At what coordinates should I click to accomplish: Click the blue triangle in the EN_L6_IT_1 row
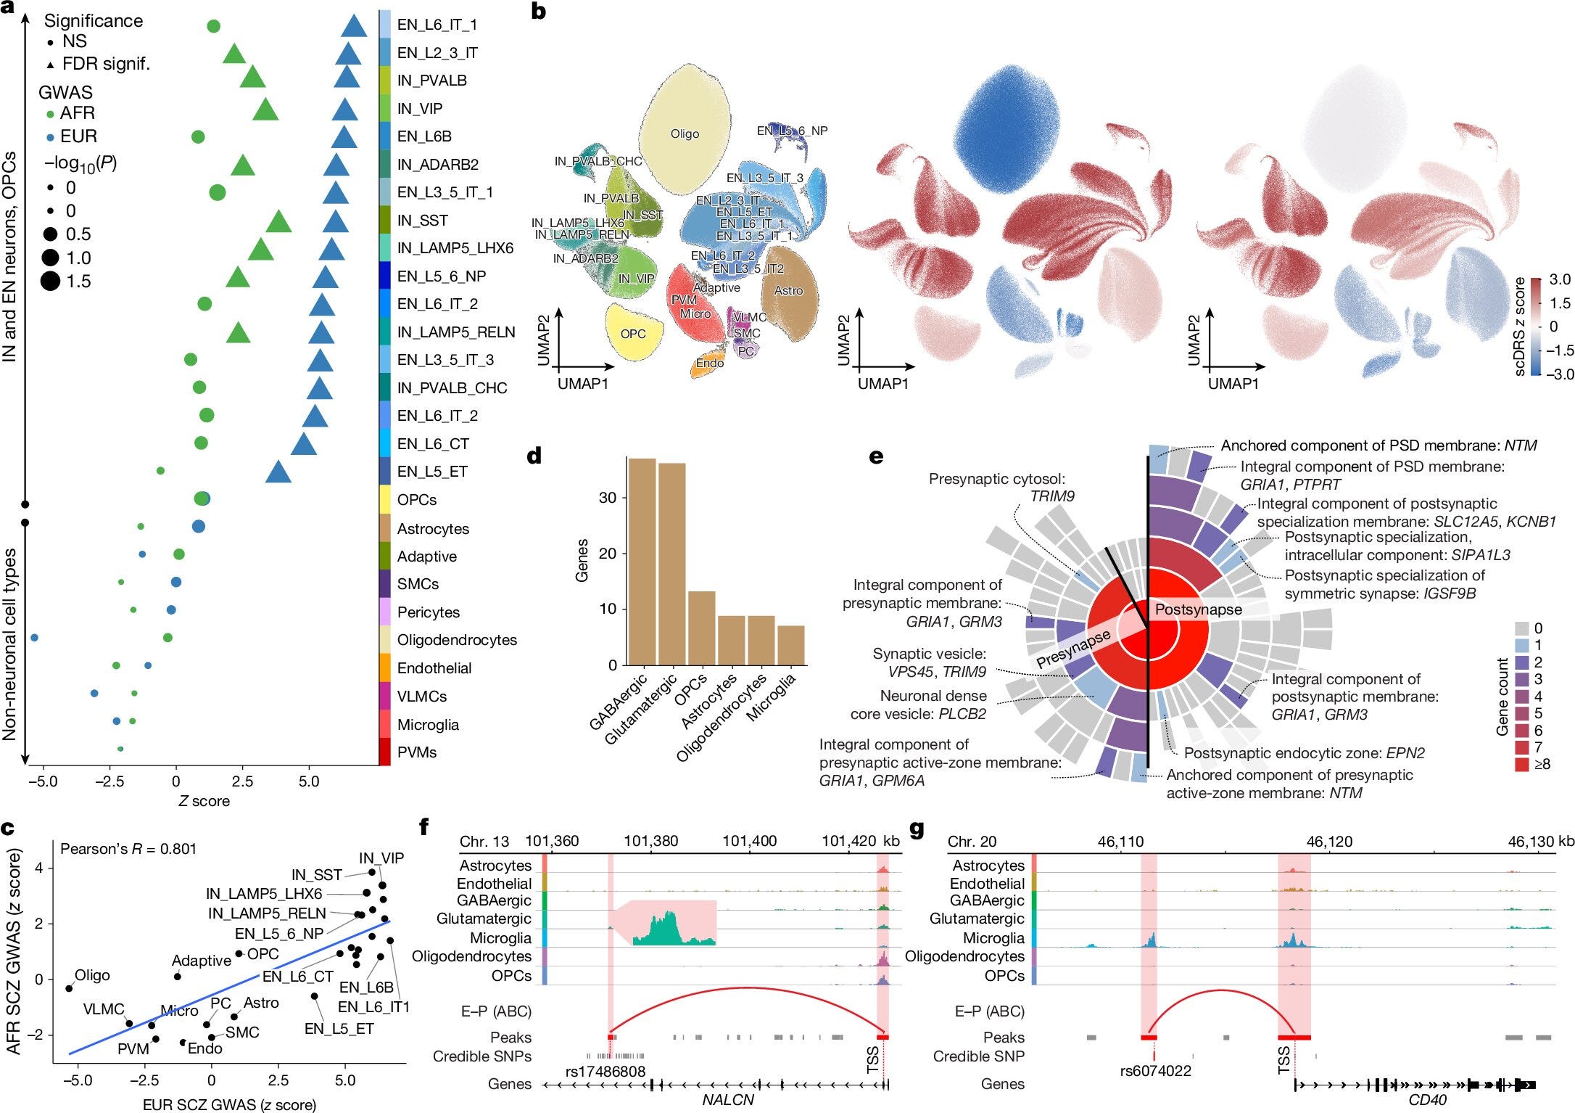pyautogui.click(x=354, y=26)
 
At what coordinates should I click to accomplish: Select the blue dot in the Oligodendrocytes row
pyautogui.click(x=34, y=638)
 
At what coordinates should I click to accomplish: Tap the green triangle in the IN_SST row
pyautogui.click(x=278, y=222)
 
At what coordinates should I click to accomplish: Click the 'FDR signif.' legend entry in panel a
pyautogui.click(x=105, y=64)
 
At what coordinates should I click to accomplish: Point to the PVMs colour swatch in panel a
pyautogui.click(x=385, y=752)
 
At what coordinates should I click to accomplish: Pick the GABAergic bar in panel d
pyautogui.click(x=642, y=562)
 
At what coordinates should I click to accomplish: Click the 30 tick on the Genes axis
pyautogui.click(x=608, y=498)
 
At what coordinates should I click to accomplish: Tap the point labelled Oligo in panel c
pyautogui.click(x=70, y=988)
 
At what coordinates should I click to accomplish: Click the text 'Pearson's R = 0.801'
pyautogui.click(x=128, y=849)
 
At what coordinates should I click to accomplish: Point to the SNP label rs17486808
pyautogui.click(x=605, y=1071)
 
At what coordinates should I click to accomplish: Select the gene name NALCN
pyautogui.click(x=728, y=1100)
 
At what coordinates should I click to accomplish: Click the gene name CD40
pyautogui.click(x=1427, y=1100)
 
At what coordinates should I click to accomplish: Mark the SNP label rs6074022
pyautogui.click(x=1156, y=1071)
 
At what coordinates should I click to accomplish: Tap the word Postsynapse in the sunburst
pyautogui.click(x=1198, y=609)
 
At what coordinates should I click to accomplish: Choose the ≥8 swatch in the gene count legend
pyautogui.click(x=1522, y=764)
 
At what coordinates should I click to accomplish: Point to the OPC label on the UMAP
pyautogui.click(x=633, y=334)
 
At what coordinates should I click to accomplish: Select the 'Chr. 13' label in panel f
pyautogui.click(x=484, y=842)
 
